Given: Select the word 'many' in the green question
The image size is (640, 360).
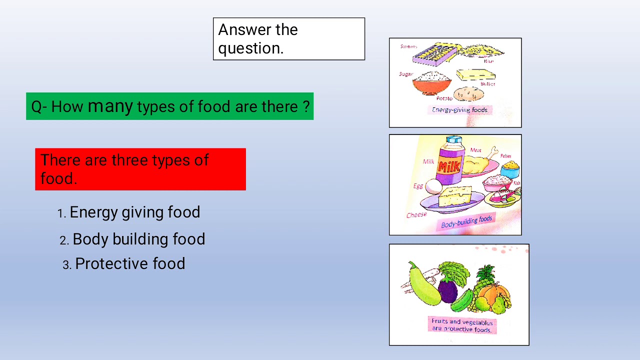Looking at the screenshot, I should click(x=110, y=106).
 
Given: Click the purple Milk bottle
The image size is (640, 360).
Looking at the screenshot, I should click(x=449, y=161).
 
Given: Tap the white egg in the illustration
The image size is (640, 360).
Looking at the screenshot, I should click(x=433, y=186).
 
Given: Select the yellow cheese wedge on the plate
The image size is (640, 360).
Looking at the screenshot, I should click(x=454, y=196).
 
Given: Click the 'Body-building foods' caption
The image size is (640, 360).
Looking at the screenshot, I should click(x=466, y=221).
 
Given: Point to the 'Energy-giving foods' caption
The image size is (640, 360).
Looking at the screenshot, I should click(x=459, y=109).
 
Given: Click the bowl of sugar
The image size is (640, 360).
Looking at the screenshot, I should click(x=432, y=82).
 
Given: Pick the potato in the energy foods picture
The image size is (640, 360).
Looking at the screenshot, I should click(x=468, y=94).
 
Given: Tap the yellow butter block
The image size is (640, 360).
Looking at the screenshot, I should click(x=475, y=75).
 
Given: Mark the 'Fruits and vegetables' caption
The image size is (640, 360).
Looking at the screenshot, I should click(x=462, y=325).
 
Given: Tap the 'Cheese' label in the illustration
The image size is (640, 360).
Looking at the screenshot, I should click(x=416, y=215).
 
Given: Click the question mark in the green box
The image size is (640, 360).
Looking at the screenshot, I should click(x=306, y=106).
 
